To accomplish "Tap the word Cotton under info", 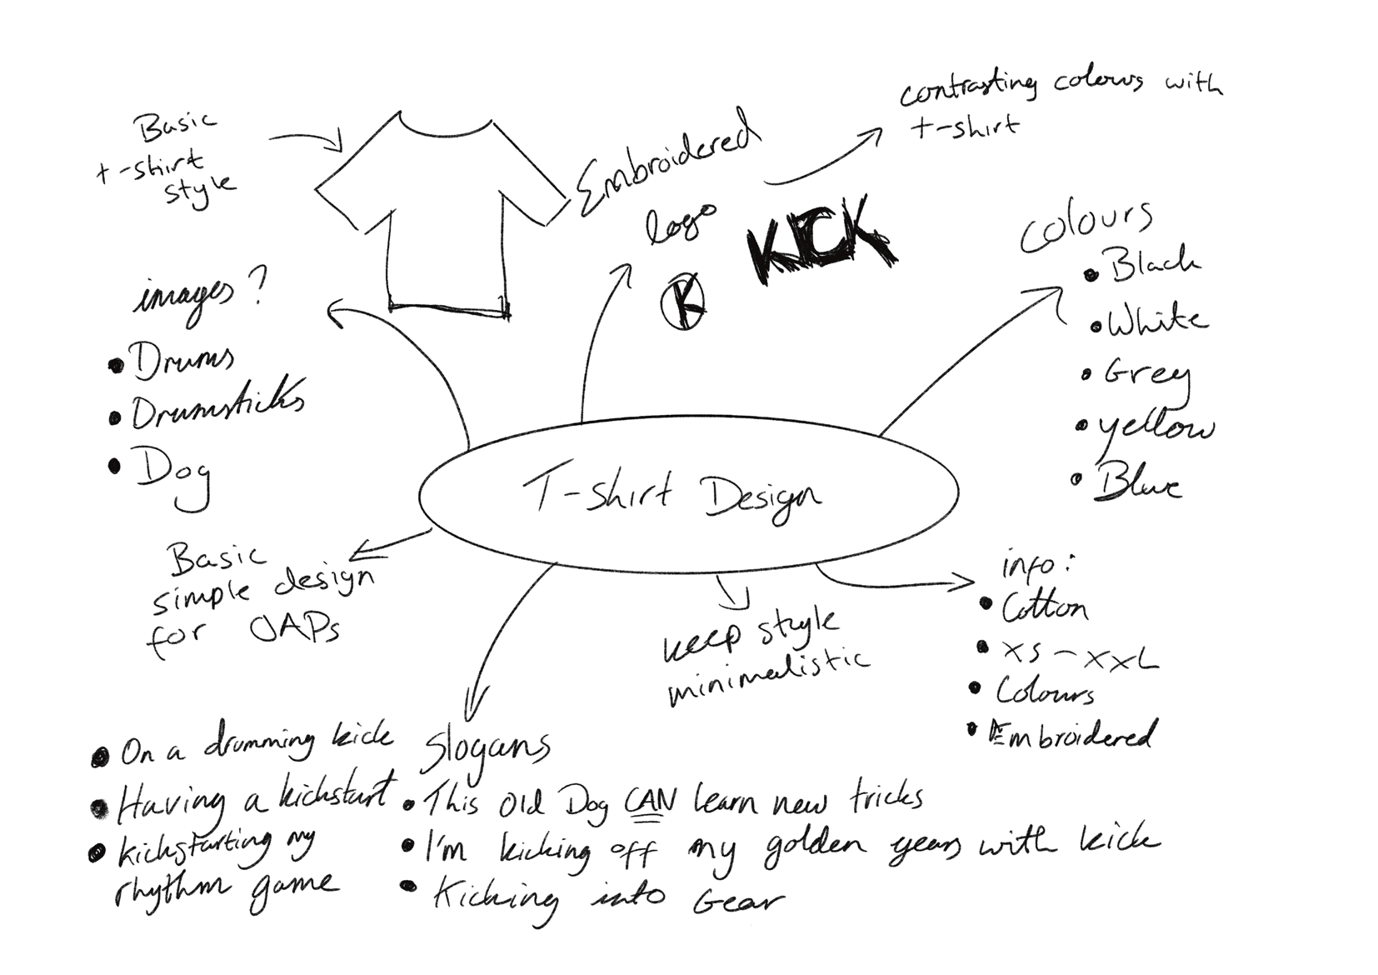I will coord(1045,608).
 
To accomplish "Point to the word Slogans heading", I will coord(487,747).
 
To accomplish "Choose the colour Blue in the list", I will coord(1137,483).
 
